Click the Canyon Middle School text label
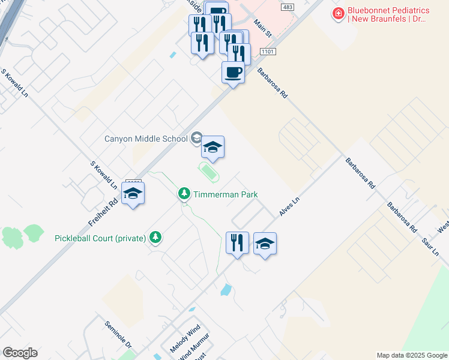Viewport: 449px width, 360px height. click(146, 139)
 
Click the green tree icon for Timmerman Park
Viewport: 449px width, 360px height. click(184, 194)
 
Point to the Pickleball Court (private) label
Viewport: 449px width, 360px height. click(100, 238)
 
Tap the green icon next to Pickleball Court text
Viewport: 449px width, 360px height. click(156, 238)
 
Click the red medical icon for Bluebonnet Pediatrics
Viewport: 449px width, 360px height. click(339, 13)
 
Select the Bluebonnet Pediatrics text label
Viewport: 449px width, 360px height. click(388, 14)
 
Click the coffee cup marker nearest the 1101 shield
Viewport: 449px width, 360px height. click(233, 73)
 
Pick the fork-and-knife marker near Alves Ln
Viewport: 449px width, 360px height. click(237, 243)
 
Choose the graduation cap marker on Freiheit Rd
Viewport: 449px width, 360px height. click(133, 193)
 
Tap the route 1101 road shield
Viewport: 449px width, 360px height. click(268, 53)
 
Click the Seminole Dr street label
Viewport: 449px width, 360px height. click(118, 334)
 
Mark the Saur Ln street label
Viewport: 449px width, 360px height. click(431, 245)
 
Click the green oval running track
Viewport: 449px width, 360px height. click(208, 172)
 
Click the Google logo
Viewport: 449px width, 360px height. click(20, 353)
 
